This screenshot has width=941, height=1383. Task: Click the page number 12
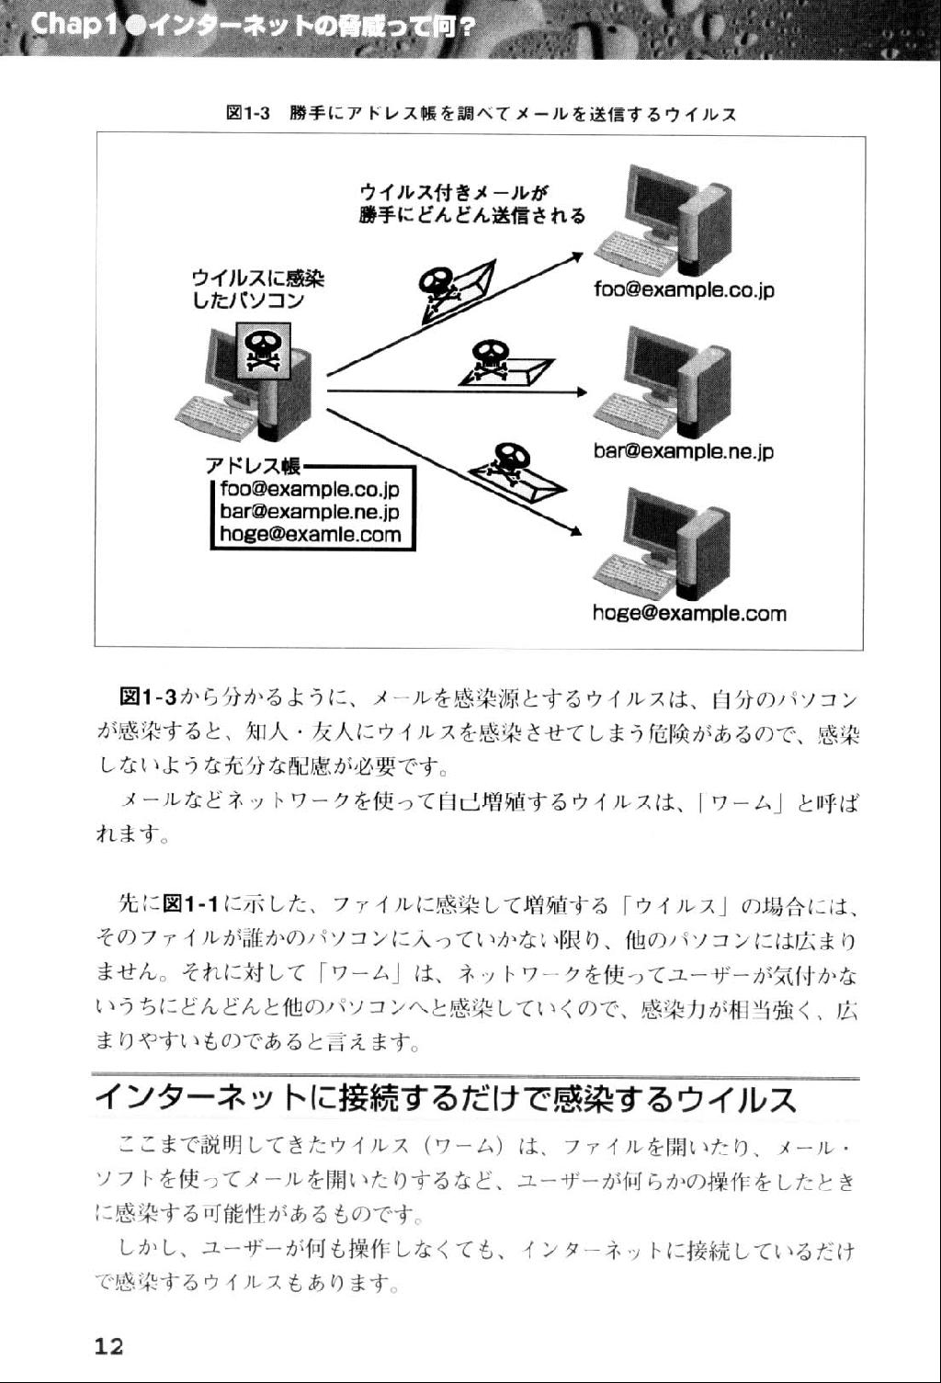[x=108, y=1346]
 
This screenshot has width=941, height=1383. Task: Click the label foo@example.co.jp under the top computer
[x=684, y=290]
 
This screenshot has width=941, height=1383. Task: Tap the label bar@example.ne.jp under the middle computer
[x=684, y=451]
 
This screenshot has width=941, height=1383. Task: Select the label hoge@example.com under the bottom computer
[x=689, y=613]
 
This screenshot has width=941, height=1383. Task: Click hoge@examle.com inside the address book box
[x=311, y=535]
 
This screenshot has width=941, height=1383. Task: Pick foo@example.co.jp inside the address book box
[x=311, y=490]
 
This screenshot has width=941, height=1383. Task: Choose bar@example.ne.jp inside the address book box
[x=311, y=513]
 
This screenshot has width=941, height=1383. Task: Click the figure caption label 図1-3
[x=246, y=114]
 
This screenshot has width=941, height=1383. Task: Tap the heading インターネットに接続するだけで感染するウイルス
[x=446, y=1099]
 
